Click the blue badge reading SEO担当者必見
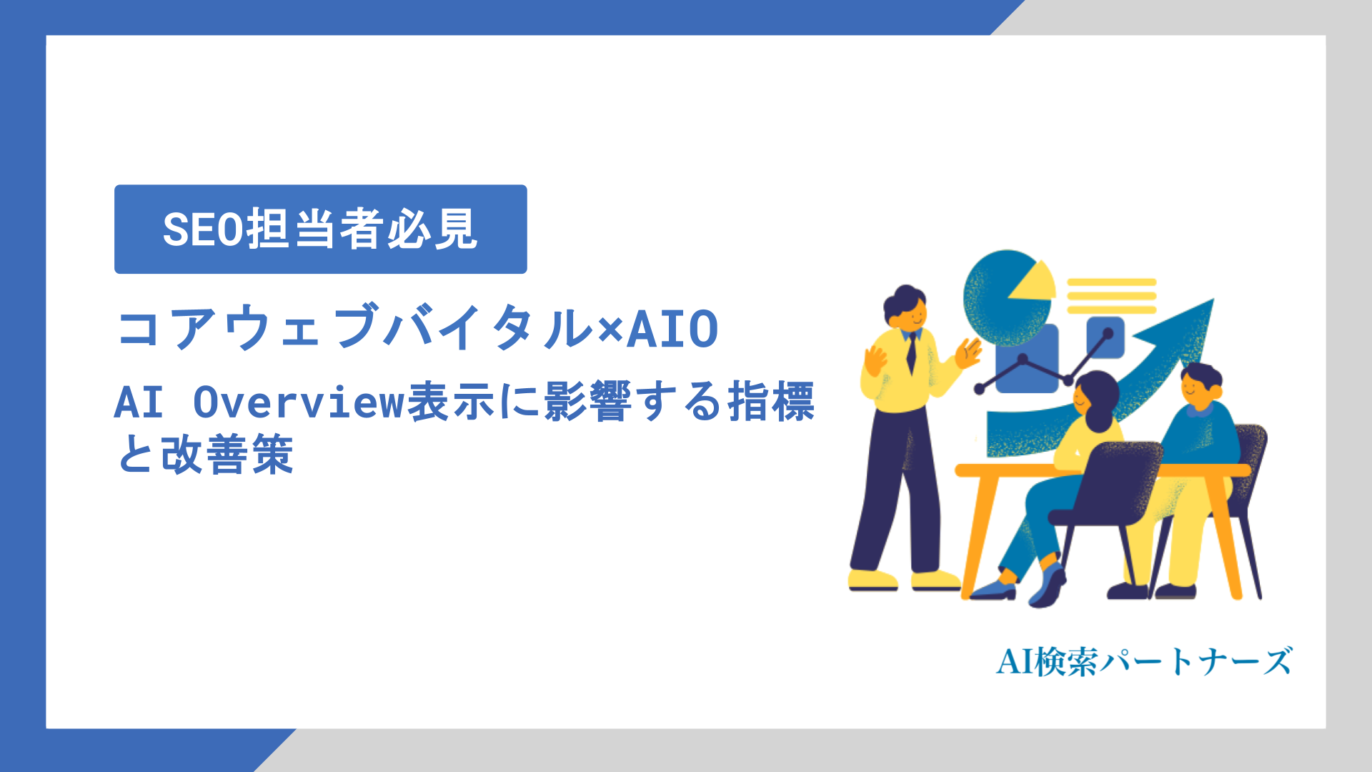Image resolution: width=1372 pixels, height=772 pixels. click(x=320, y=229)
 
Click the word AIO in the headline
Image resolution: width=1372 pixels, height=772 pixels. click(x=672, y=330)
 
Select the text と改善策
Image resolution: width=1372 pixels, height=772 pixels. click(x=205, y=455)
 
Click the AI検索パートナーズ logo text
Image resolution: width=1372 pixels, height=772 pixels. click(x=1144, y=661)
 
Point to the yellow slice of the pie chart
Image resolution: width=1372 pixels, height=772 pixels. click(x=1034, y=283)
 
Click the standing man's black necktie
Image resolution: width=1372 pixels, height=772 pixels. click(x=911, y=353)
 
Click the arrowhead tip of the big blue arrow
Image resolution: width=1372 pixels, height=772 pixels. click(x=1208, y=305)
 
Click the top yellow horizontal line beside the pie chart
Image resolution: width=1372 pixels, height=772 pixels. click(x=1111, y=282)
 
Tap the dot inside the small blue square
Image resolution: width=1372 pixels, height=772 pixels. click(x=1108, y=334)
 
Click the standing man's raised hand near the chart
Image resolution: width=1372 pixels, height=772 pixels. click(x=968, y=352)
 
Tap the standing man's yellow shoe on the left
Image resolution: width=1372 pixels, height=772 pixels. click(x=872, y=579)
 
